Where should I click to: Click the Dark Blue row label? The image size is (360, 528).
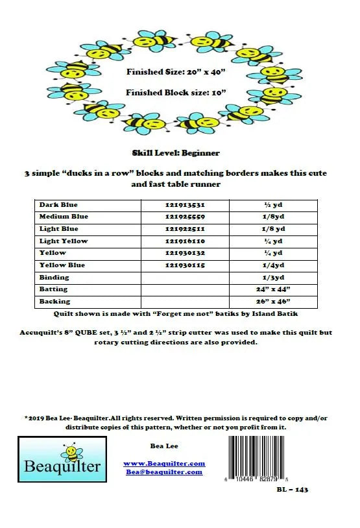pos(58,205)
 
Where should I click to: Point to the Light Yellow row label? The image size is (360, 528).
pos(64,241)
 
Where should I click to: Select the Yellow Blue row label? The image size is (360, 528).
pos(62,265)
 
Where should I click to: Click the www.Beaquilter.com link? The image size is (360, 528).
pos(164,463)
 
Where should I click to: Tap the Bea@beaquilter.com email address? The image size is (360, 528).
pos(164,472)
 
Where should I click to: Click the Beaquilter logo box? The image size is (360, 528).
pos(62,459)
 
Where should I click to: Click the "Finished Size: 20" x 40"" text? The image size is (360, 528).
pos(176,73)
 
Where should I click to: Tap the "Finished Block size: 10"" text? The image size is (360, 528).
pos(176,92)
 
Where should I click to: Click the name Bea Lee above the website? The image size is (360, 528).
pos(164,446)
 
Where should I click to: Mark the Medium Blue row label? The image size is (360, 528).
pos(64,217)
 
